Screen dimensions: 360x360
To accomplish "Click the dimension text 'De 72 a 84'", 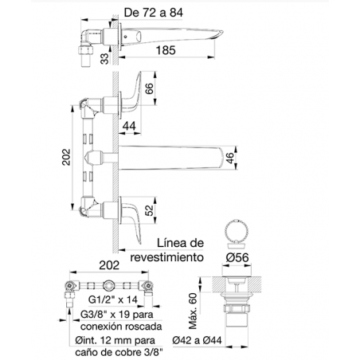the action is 154,13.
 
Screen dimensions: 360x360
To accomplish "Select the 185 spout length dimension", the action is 166,50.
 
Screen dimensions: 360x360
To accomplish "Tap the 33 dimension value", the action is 105,59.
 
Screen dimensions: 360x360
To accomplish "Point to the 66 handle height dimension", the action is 150,88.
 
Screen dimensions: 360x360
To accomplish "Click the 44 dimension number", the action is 129,126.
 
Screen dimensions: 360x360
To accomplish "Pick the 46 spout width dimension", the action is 230,158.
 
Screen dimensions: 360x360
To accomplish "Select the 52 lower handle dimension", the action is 150,210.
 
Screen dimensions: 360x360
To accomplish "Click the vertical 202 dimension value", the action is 66,157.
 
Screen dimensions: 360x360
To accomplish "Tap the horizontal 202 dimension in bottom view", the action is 109,265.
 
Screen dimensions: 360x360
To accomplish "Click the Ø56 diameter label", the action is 237,257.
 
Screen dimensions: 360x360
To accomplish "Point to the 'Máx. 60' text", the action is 194,311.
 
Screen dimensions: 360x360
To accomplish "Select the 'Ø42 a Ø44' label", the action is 197,340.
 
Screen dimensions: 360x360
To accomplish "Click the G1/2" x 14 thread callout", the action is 113,299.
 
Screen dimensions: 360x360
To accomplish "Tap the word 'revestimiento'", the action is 167,257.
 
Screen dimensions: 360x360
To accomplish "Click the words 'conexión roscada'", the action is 121,327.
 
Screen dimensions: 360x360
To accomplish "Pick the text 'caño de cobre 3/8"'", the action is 119,353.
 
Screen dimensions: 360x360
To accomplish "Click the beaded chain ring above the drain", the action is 236,230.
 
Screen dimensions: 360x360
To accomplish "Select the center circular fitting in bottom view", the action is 109,286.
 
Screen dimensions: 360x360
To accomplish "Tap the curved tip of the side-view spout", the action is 218,33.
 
